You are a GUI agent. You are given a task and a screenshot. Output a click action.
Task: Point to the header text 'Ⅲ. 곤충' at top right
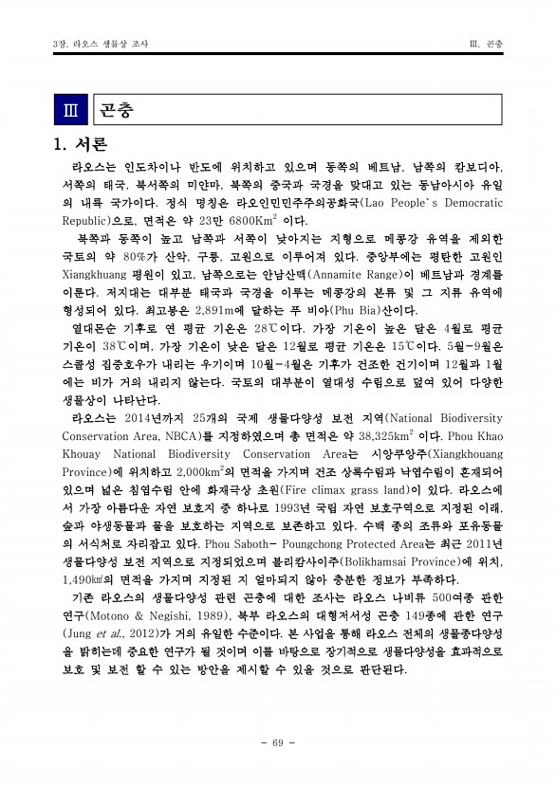486,45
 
